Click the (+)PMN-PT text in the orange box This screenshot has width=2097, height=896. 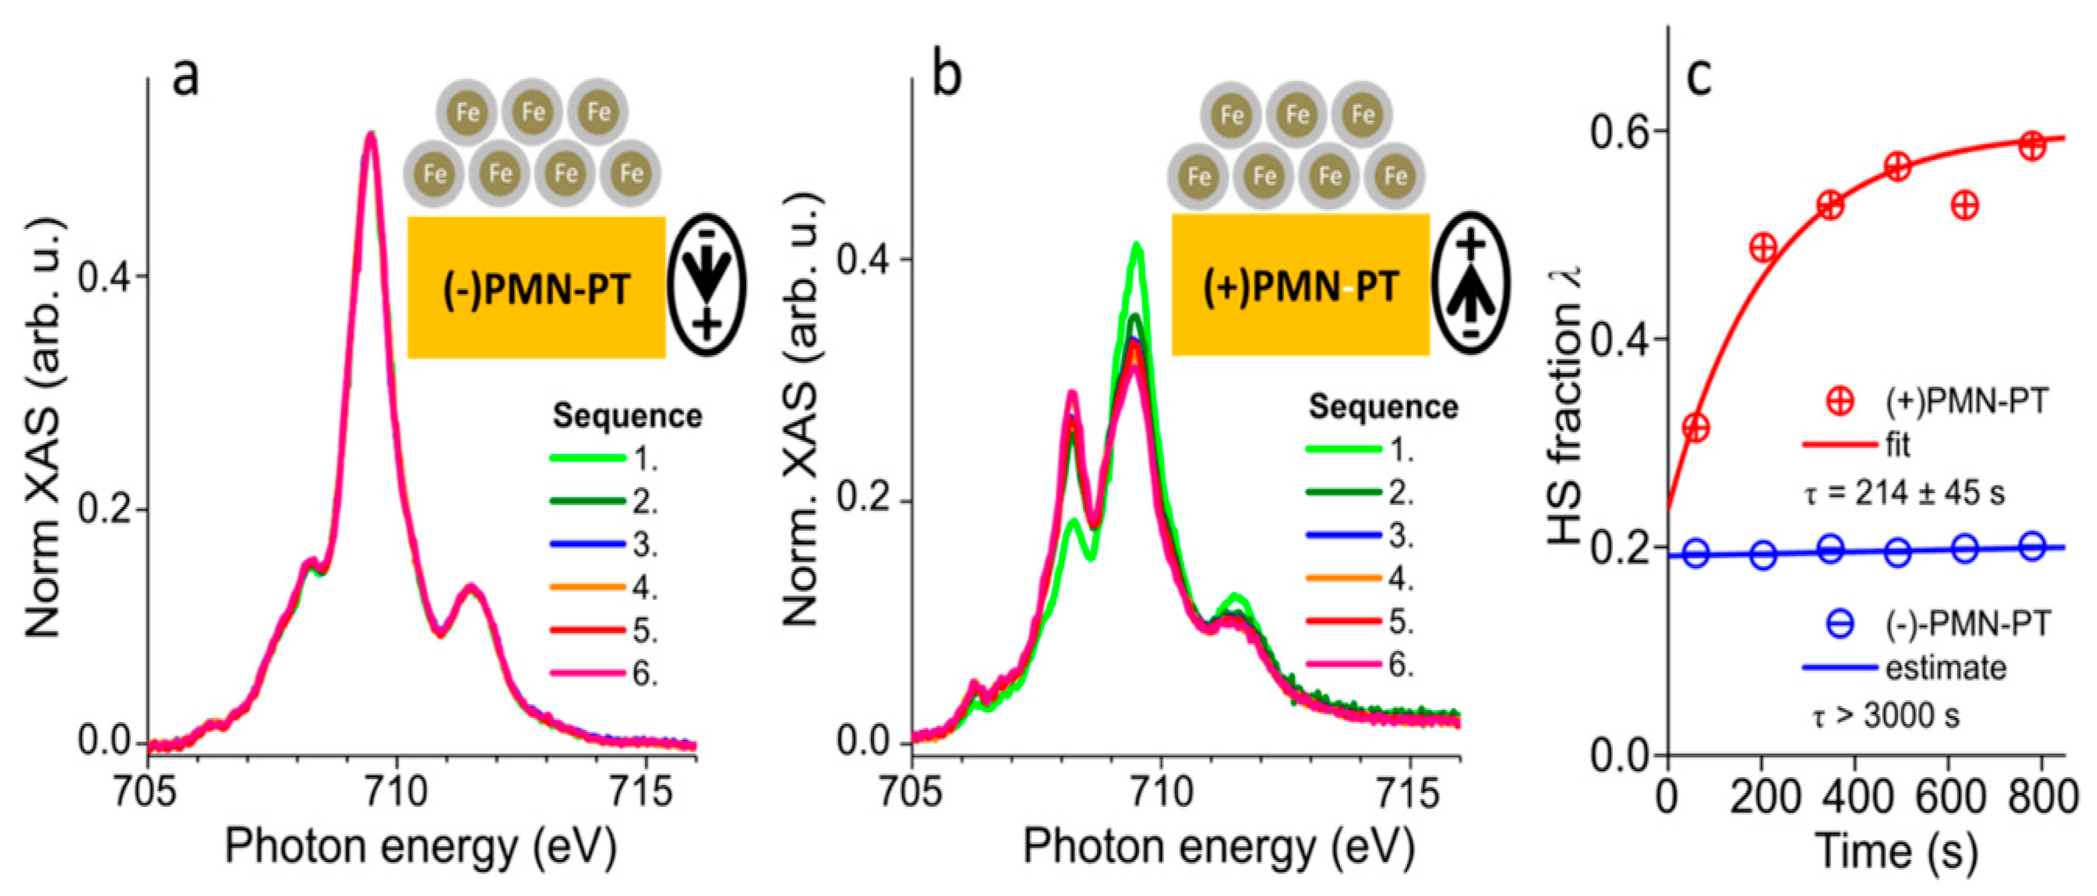point(1300,286)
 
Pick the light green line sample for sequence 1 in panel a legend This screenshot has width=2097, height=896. point(587,458)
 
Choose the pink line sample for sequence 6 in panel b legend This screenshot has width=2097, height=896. point(1343,665)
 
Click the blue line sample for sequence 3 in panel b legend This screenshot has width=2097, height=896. point(1343,535)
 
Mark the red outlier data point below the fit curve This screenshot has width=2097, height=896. point(1965,205)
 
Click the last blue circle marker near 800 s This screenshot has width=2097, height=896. point(2033,545)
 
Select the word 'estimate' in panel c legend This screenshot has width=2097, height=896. point(1945,669)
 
